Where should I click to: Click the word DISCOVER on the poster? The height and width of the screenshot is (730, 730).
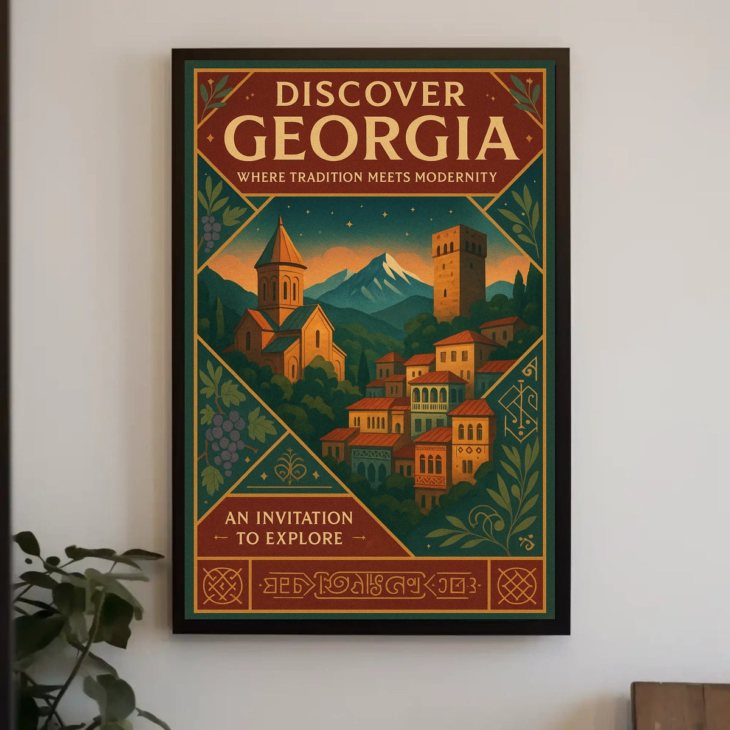click(x=370, y=96)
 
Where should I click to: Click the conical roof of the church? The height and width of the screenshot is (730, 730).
click(x=280, y=243)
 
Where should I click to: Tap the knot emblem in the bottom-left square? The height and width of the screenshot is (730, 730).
click(x=217, y=585)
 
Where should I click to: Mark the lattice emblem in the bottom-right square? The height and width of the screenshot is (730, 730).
click(x=517, y=585)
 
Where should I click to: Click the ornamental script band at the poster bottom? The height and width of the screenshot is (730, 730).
click(x=370, y=585)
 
